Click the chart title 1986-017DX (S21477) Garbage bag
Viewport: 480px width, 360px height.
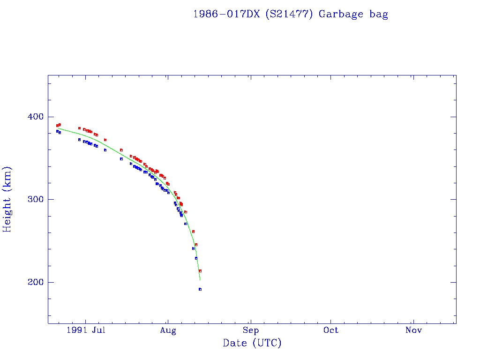pos(291,14)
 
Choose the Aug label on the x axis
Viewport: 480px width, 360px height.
pos(168,330)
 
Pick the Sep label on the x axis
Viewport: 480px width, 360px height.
pos(251,330)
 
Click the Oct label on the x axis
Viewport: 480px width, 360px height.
pos(331,330)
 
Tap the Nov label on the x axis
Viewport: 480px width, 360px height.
pos(413,330)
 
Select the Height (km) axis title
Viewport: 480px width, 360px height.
pos(7,199)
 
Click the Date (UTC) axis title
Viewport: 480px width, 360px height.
pos(252,343)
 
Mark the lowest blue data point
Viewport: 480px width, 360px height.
pos(200,289)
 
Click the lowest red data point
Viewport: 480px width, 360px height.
pos(200,271)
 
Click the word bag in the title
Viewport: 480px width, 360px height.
pos(379,14)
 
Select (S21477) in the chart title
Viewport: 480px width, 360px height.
pos(289,14)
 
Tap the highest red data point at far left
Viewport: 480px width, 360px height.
pos(60,125)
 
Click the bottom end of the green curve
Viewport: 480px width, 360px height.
pos(200,280)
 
